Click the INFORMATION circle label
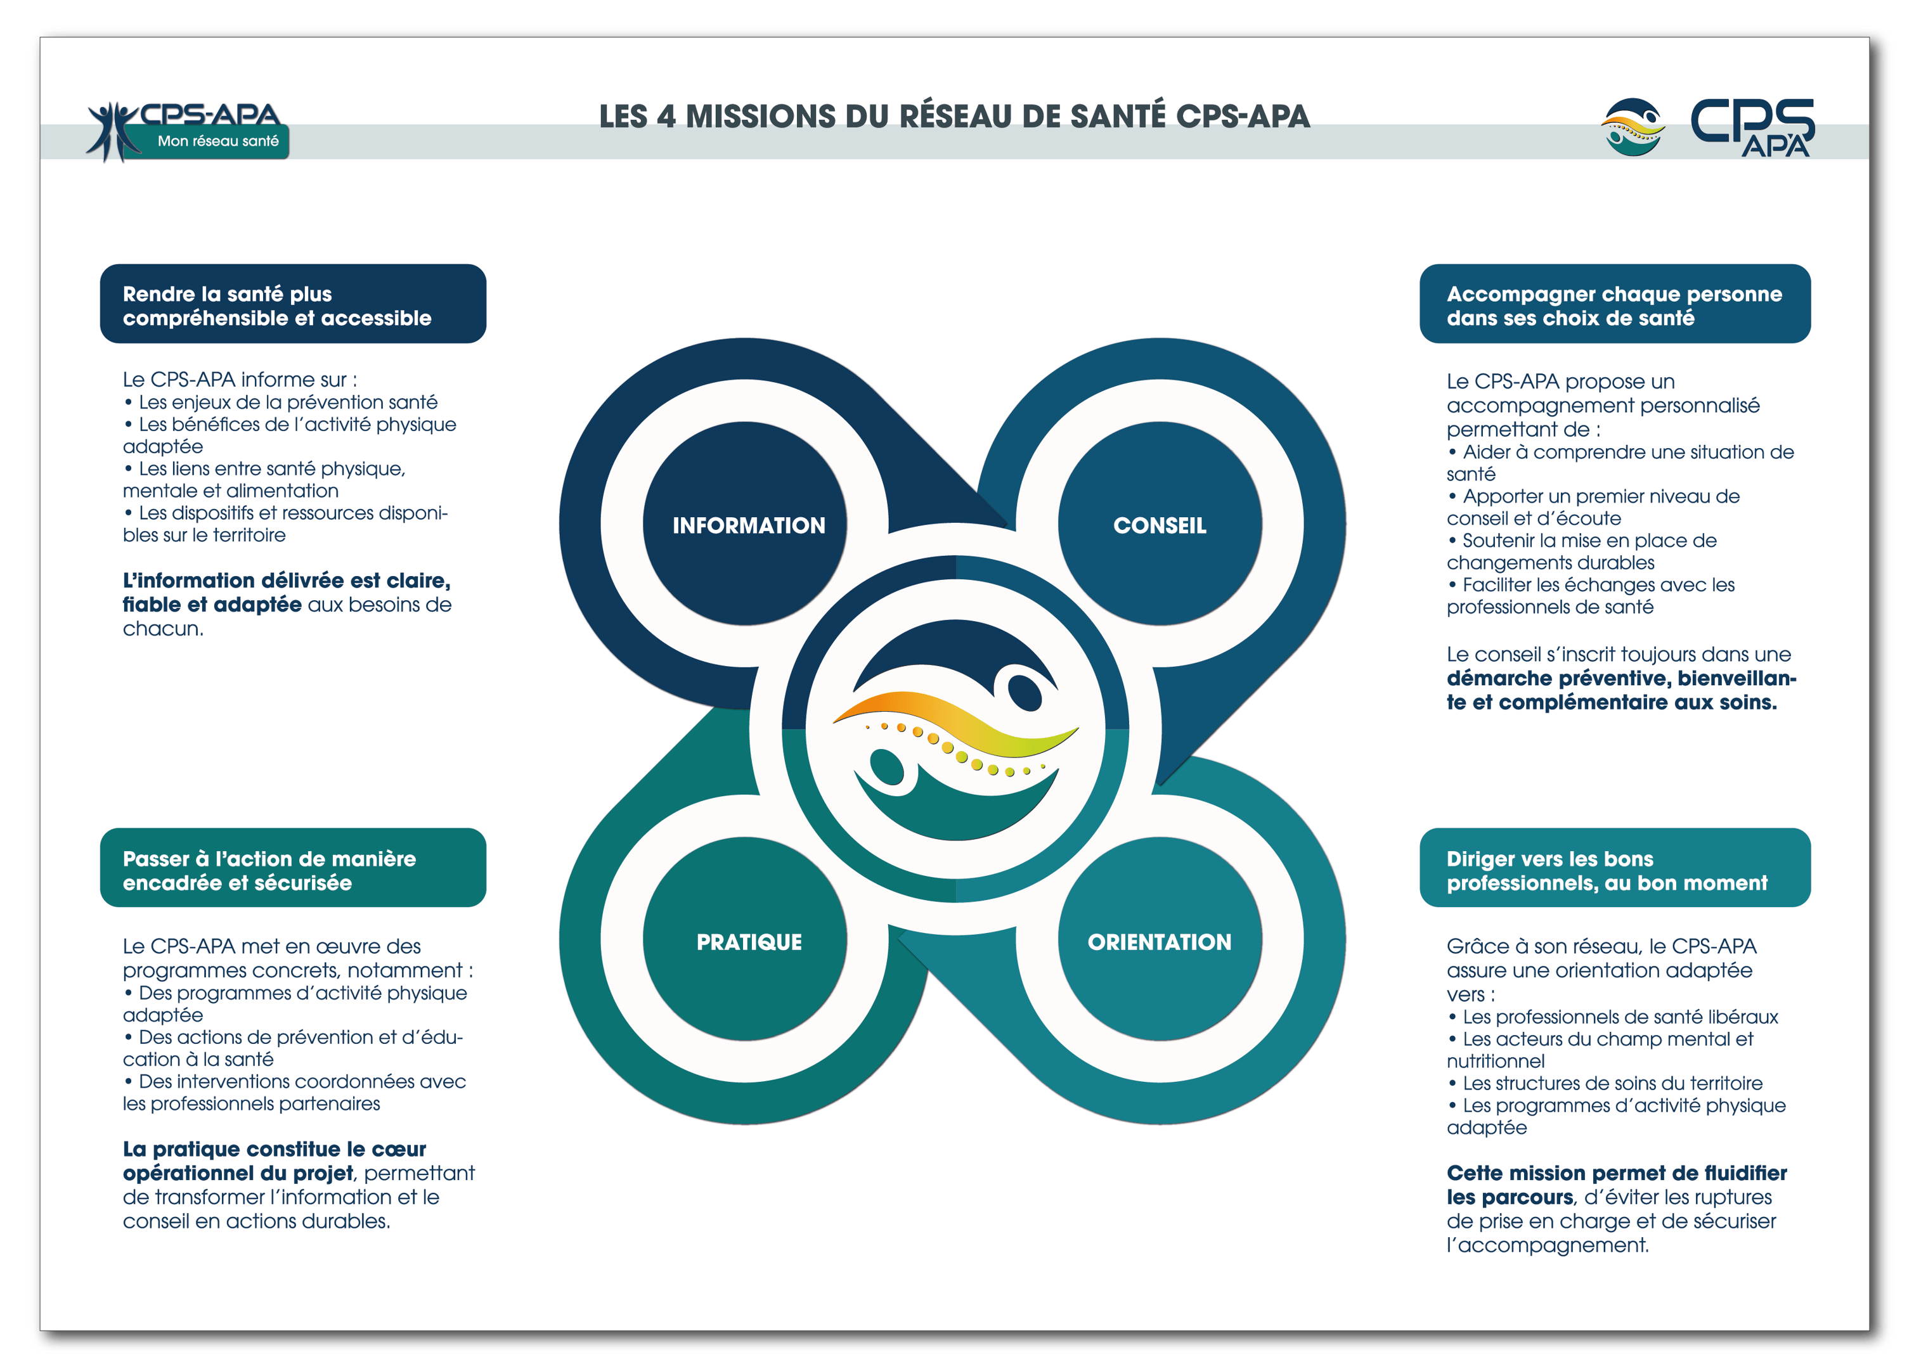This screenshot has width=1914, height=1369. [x=748, y=525]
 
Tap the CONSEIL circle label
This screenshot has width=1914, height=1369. [x=1160, y=525]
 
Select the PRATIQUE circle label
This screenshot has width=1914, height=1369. [x=748, y=942]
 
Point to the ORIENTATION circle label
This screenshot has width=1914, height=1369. [x=1160, y=942]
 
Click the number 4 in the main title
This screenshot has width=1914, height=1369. [x=666, y=117]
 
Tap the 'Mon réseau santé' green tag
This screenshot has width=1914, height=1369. [x=217, y=141]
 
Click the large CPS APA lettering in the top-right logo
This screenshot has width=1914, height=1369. [x=1752, y=127]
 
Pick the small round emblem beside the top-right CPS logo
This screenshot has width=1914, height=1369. [x=1633, y=127]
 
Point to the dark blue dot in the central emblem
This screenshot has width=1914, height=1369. [x=1025, y=691]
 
